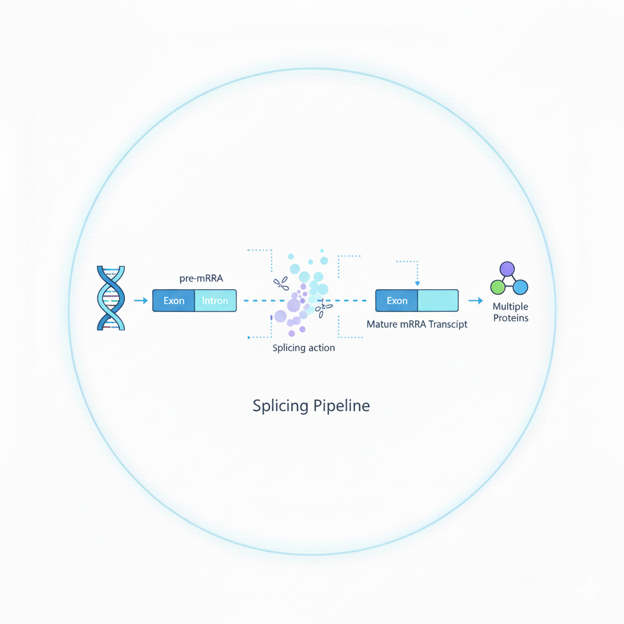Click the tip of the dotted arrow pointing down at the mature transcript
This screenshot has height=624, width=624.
point(417,286)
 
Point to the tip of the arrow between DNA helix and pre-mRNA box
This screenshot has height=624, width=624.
point(148,300)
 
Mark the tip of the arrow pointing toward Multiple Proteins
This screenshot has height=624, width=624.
point(483,300)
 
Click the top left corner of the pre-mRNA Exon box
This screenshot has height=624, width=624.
point(153,290)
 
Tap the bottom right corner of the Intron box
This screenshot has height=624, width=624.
point(236,311)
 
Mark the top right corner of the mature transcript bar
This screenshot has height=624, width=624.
point(458,290)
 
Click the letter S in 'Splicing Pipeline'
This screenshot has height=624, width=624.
point(258,405)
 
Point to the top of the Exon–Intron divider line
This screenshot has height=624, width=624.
point(194,290)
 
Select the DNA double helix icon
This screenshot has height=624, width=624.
point(111,298)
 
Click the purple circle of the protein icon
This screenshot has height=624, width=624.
point(507,269)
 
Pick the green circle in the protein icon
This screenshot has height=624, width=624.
point(498,287)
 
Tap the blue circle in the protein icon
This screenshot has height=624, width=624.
point(520,287)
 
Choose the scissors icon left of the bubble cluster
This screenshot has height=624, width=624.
point(282,283)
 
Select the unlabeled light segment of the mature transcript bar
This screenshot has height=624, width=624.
point(438,300)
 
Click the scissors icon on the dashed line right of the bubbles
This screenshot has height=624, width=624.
point(323,308)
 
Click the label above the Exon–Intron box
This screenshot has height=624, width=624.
point(201,278)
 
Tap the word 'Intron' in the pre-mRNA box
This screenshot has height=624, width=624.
point(215,300)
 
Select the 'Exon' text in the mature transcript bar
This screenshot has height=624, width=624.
point(397,300)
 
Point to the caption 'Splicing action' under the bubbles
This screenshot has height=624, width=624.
point(303,348)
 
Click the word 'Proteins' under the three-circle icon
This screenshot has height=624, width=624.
point(511,318)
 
